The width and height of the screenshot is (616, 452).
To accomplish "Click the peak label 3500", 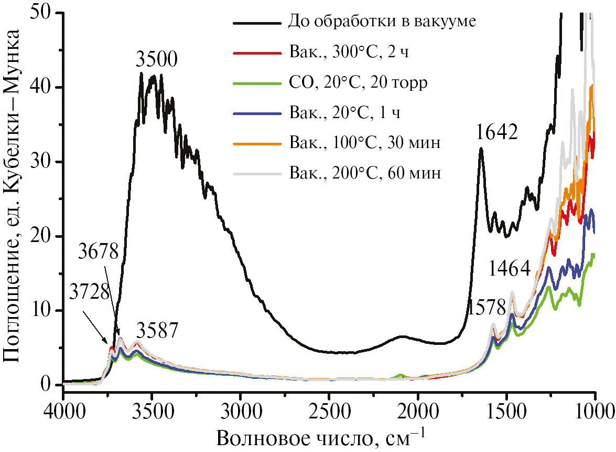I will coord(157,59).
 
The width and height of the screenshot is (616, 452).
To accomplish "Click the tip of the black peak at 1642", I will coord(480,149).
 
